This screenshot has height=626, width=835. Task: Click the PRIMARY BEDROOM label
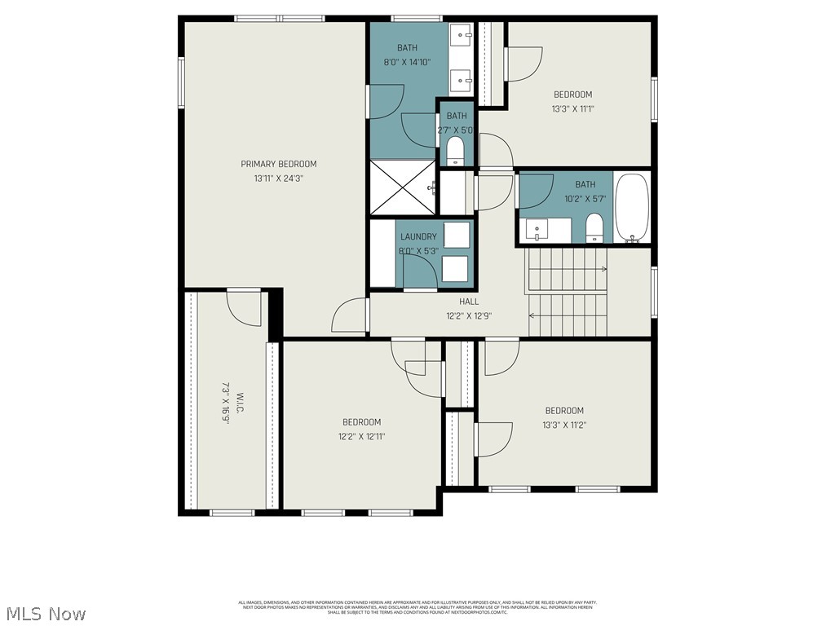coord(278,164)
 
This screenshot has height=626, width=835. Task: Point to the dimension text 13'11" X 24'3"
coord(278,178)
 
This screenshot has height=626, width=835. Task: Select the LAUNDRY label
coord(418,237)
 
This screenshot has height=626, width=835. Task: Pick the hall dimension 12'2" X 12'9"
coord(469,315)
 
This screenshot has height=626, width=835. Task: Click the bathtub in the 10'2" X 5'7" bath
coord(631,209)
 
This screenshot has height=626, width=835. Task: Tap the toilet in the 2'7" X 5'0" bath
coord(455,151)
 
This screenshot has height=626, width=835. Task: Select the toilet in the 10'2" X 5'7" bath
coord(594,227)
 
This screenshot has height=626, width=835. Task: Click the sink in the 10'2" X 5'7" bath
coord(537,230)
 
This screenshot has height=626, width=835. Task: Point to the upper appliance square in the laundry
coord(456,235)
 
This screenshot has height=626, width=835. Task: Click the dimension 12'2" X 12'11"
coord(361,436)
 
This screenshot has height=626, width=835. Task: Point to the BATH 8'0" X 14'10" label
coord(408,55)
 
